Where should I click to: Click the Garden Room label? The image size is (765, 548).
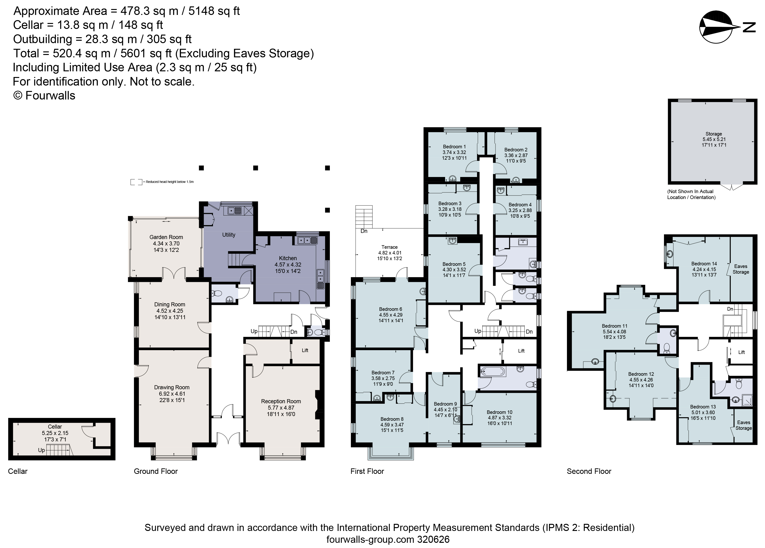[166, 237]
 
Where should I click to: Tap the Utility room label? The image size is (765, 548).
[229, 235]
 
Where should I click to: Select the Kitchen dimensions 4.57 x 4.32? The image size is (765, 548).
[288, 265]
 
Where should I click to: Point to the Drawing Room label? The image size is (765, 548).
[172, 387]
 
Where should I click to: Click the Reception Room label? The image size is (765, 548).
[281, 401]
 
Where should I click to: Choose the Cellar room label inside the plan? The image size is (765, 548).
[55, 426]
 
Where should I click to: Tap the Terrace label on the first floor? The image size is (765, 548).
[389, 247]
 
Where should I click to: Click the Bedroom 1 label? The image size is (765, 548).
[454, 146]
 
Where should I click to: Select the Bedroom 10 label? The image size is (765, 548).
[500, 412]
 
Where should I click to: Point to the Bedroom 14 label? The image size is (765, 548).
[704, 263]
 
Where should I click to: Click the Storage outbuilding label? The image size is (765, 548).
[713, 134]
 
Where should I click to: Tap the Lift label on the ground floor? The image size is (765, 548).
[305, 350]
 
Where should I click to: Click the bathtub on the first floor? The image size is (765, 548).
[493, 372]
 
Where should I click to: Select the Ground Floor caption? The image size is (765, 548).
[155, 471]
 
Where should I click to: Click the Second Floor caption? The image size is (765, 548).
[588, 471]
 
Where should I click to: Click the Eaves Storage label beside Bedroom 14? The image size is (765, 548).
[740, 269]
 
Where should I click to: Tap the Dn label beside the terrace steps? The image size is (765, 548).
[364, 231]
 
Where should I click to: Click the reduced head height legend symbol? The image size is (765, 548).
[136, 182]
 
